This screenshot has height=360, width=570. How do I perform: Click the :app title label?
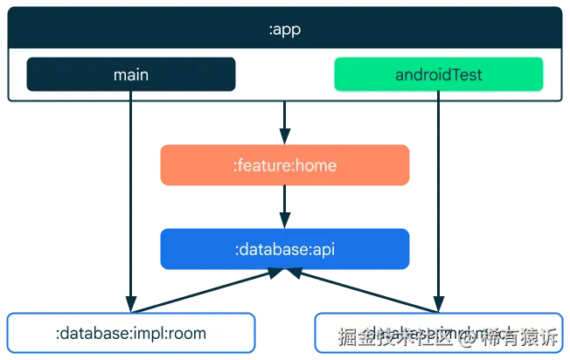tap(284, 30)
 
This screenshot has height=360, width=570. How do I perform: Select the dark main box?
tap(131, 74)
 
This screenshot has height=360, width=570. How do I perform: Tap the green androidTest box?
tap(438, 74)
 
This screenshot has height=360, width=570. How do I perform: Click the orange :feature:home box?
tap(284, 165)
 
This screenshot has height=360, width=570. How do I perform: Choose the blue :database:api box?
tap(284, 249)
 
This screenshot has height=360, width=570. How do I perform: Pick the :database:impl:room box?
tap(131, 333)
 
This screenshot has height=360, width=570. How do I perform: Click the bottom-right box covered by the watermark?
tap(437, 333)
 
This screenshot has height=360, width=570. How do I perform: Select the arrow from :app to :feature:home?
tap(284, 121)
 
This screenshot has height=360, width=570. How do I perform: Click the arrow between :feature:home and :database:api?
tap(284, 207)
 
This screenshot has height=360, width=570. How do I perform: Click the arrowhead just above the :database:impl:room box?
tap(131, 303)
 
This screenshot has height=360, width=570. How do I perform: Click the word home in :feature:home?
tap(316, 165)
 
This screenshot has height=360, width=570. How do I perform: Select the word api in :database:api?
tap(323, 249)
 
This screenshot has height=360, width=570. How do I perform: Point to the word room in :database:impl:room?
tap(187, 333)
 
